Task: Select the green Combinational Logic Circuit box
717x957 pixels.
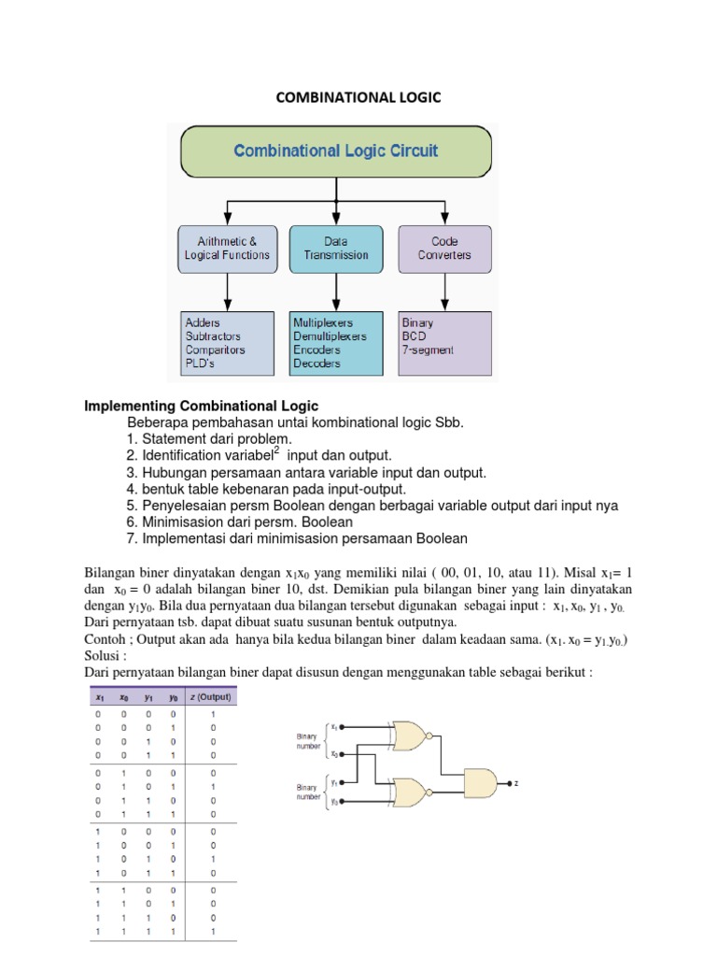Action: [x=335, y=150]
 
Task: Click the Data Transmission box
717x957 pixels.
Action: [x=335, y=248]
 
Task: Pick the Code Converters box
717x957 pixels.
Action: [x=444, y=248]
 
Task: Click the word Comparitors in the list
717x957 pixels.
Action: [x=215, y=350]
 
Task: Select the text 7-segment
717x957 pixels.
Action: [x=427, y=350]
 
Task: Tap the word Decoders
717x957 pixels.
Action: [x=316, y=364]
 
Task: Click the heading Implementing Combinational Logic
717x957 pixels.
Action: [x=202, y=406]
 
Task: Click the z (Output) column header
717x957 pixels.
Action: [x=212, y=696]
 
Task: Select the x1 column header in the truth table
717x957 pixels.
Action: [x=97, y=696]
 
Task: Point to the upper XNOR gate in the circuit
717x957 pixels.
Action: [x=408, y=736]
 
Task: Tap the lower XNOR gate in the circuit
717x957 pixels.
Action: [x=408, y=793]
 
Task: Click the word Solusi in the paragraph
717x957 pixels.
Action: [x=104, y=655]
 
